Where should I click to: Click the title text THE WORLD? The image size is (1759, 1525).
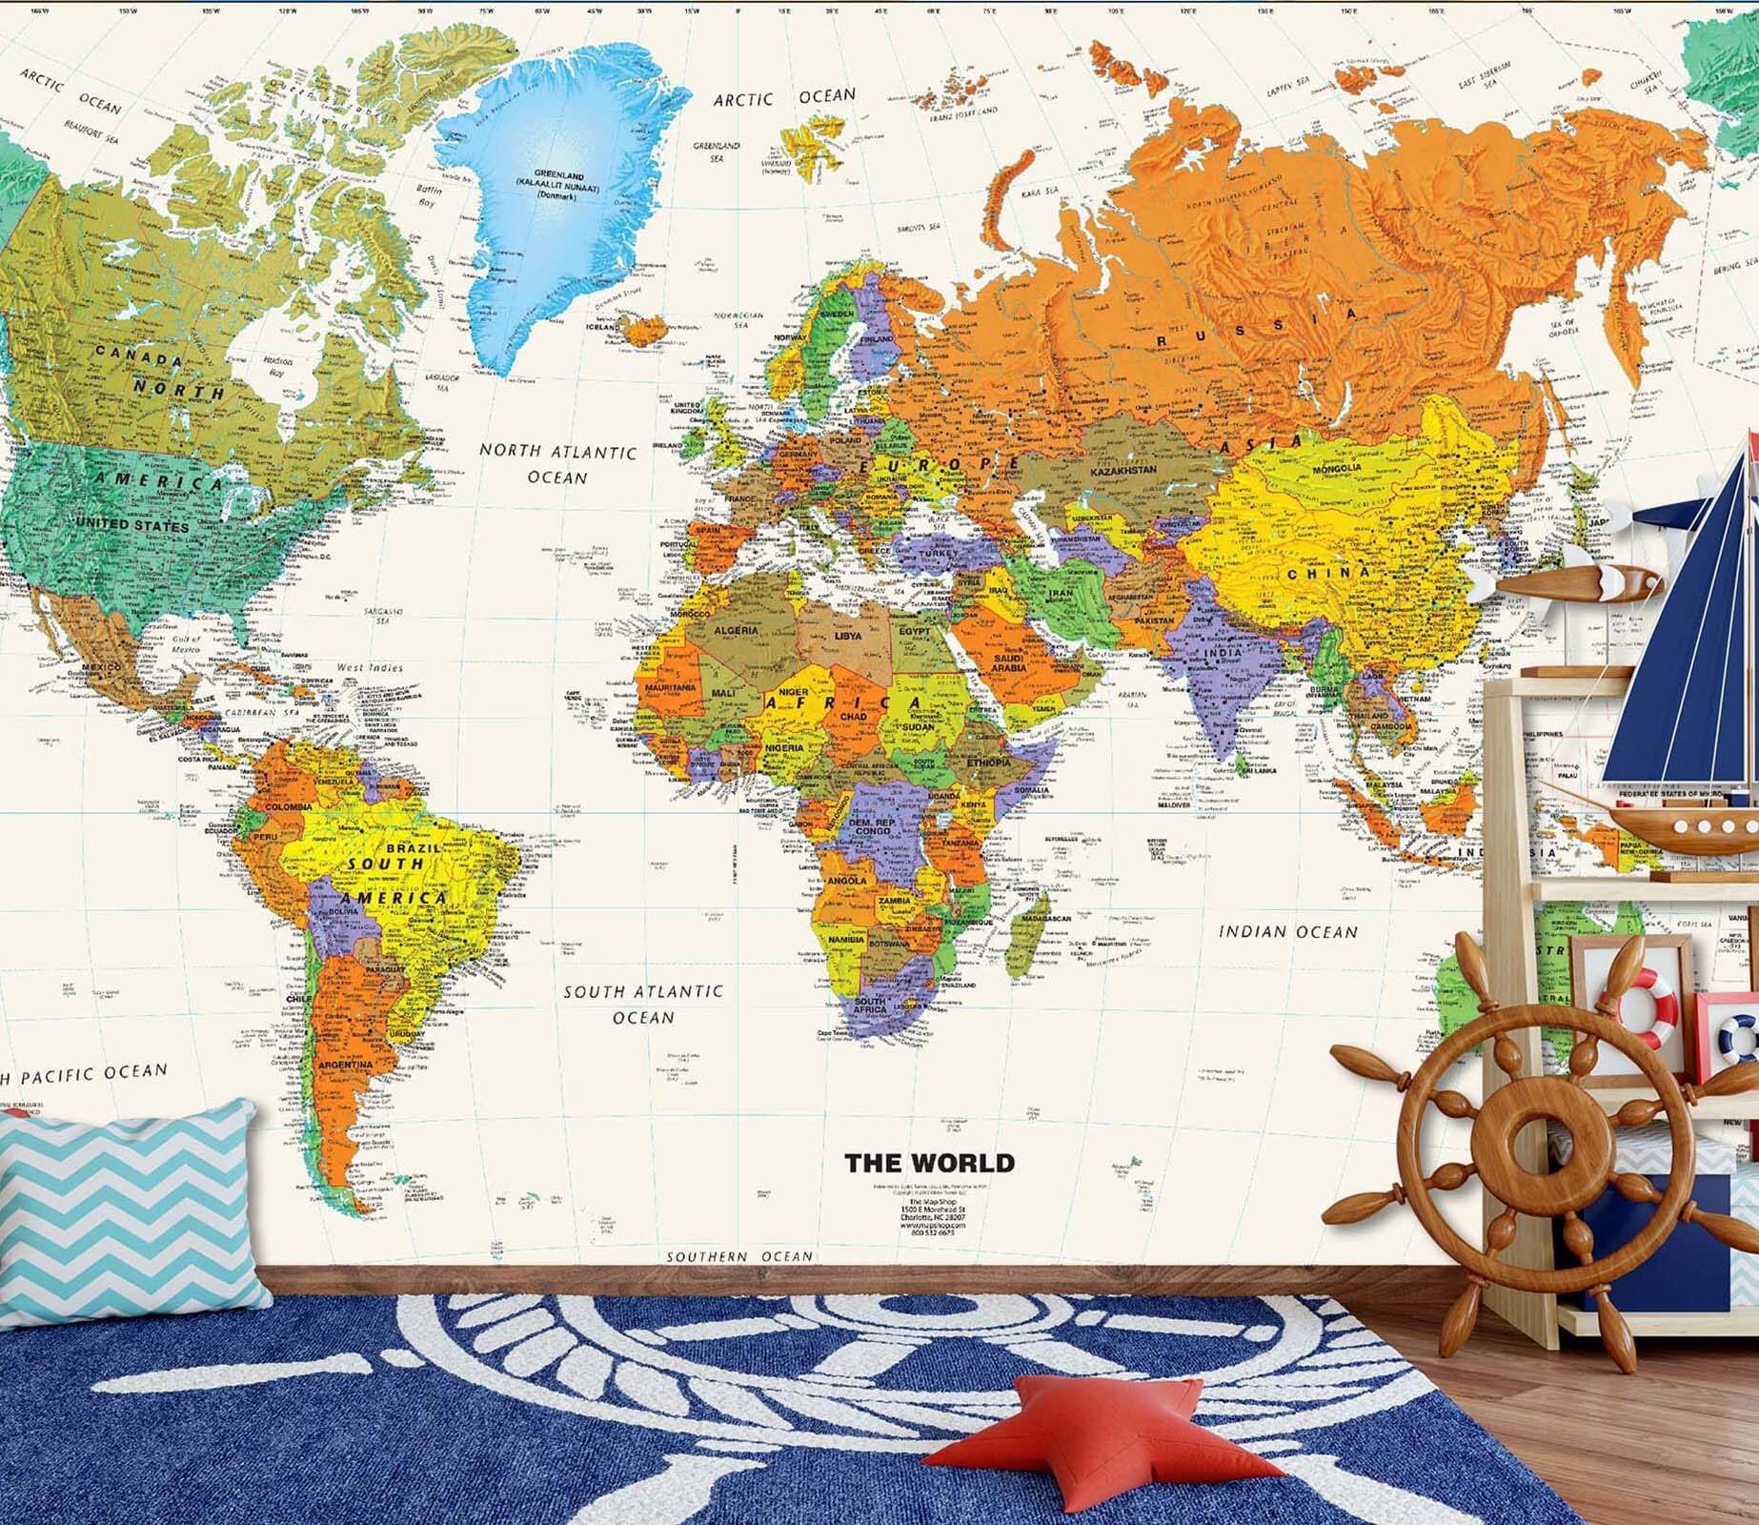929,1163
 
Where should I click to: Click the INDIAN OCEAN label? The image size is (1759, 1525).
1288,931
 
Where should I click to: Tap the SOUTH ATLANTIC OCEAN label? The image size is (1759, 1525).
643,1005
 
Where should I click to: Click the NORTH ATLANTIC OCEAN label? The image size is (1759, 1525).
557,463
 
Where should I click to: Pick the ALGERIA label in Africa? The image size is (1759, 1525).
737,630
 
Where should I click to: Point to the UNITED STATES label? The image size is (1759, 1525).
132,525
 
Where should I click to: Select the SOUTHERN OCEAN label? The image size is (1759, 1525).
739,1256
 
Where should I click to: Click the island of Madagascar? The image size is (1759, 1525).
1030,934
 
